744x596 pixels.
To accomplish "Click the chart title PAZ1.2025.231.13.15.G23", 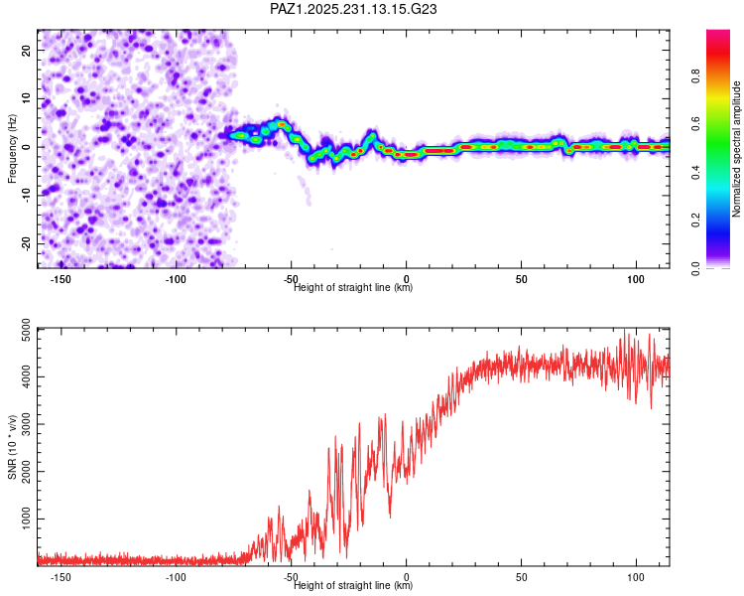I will [x=354, y=9].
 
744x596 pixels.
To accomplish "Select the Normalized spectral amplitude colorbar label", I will [x=737, y=149].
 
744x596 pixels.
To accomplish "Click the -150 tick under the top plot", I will [x=61, y=279].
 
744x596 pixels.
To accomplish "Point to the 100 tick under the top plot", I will [x=634, y=279].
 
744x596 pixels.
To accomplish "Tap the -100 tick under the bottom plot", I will [x=176, y=577].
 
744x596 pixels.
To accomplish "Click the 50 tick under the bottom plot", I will [x=521, y=577].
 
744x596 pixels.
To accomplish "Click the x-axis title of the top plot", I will [x=353, y=288].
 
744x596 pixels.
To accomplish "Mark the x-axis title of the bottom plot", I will [x=353, y=586].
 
